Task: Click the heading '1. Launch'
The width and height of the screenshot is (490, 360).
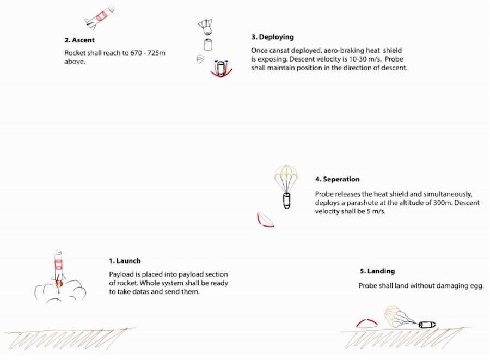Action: [125, 261]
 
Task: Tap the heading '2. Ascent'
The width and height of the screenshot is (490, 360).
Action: [79, 40]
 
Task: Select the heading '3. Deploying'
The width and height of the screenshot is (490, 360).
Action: [273, 37]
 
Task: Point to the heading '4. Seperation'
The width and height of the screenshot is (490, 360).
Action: [337, 179]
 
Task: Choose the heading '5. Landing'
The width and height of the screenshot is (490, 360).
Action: [377, 271]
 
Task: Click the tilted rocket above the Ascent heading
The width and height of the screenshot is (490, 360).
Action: [100, 17]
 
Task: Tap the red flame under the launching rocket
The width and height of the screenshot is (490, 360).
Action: [59, 283]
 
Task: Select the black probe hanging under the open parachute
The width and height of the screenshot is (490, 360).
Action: [286, 200]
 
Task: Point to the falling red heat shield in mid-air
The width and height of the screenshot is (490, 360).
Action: [265, 220]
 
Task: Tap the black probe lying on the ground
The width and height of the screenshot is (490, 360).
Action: [427, 325]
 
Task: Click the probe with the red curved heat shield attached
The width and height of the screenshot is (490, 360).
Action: [221, 69]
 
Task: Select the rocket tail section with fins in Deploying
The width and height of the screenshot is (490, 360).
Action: [205, 27]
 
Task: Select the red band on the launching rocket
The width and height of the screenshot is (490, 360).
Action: [58, 264]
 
